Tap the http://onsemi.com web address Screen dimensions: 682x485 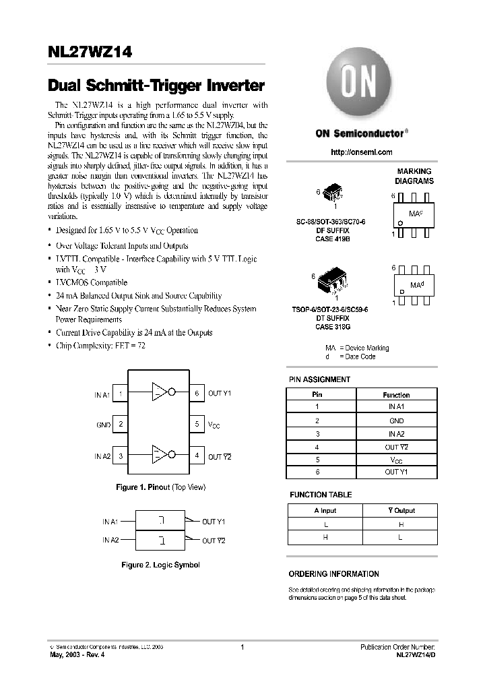click(361, 152)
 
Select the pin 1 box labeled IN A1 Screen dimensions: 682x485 click(120, 394)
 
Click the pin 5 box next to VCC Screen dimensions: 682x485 click(197, 425)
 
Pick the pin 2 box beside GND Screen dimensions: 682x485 click(120, 425)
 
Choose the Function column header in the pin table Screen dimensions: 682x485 click(395, 395)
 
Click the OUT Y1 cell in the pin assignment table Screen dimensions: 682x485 click(395, 472)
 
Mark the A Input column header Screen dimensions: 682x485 click(325, 510)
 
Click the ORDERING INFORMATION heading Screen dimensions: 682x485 click(333, 573)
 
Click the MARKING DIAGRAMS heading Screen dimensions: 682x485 click(414, 177)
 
